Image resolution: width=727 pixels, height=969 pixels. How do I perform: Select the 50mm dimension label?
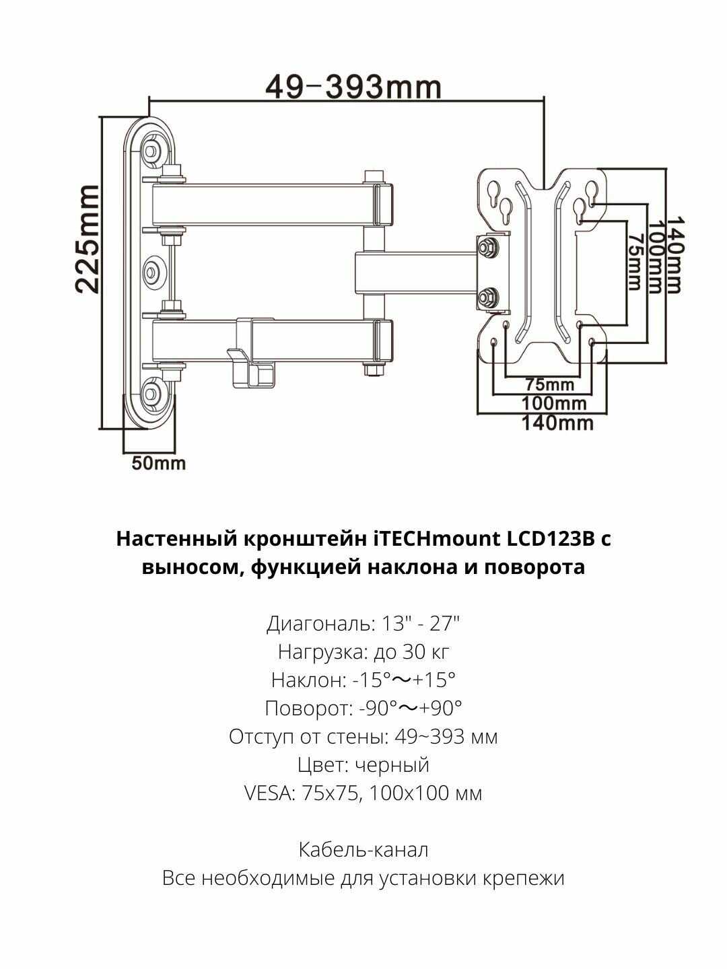click(x=158, y=464)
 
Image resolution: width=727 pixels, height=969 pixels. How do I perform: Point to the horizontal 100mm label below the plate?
click(x=554, y=404)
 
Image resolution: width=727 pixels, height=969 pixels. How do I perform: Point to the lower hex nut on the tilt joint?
click(x=487, y=296)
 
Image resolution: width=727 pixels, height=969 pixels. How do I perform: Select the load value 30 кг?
click(x=423, y=652)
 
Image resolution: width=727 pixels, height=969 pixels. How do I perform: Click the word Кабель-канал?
click(x=363, y=850)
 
